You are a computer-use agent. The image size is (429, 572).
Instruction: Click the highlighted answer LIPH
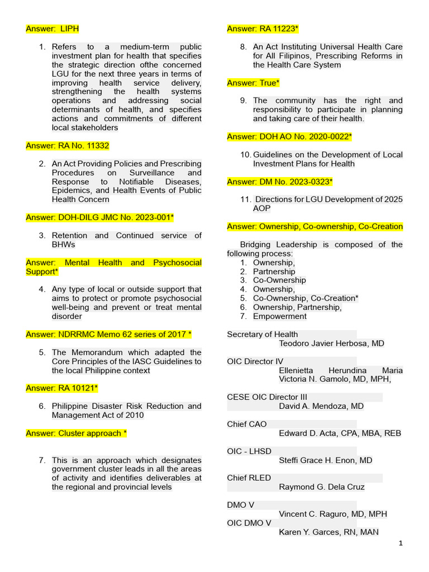[x=56, y=28]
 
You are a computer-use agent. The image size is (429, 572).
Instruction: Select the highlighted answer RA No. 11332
[x=68, y=146]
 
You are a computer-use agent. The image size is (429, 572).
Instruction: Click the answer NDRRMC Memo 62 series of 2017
[x=109, y=335]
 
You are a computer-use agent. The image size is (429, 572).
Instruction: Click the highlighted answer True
[x=253, y=83]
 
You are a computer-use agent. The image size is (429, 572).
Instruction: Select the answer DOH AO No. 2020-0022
[x=289, y=136]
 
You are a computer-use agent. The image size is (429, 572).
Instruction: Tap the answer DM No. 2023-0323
[x=280, y=182]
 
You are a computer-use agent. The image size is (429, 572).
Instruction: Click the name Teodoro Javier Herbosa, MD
[x=331, y=344]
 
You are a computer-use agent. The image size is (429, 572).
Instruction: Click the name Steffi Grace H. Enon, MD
[x=325, y=460]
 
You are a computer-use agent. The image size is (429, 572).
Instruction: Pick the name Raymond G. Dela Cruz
[x=322, y=487]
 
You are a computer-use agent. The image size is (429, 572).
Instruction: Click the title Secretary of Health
[x=263, y=335]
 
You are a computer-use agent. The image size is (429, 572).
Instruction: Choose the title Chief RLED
[x=249, y=478]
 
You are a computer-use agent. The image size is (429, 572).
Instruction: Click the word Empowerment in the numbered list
[x=280, y=316]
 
